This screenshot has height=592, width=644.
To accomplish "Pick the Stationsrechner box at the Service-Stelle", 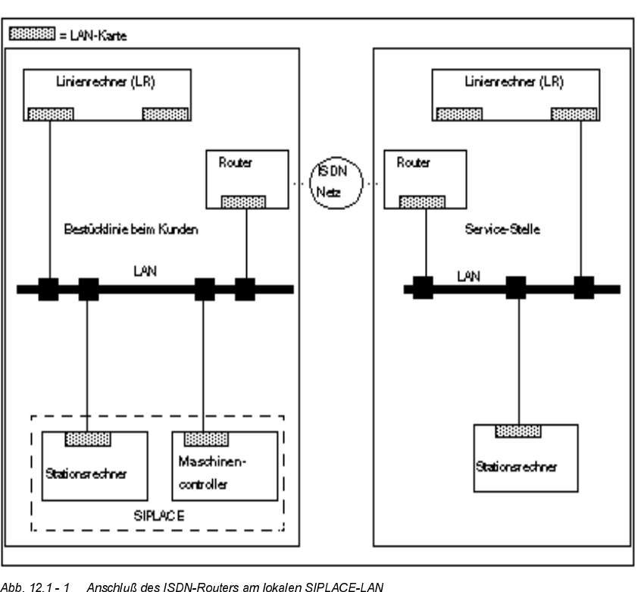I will [525, 459].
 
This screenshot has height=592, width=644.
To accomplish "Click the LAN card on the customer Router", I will [243, 202].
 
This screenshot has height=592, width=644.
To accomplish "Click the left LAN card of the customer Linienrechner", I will [51, 114].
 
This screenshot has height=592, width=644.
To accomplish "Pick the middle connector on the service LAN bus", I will [517, 288].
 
